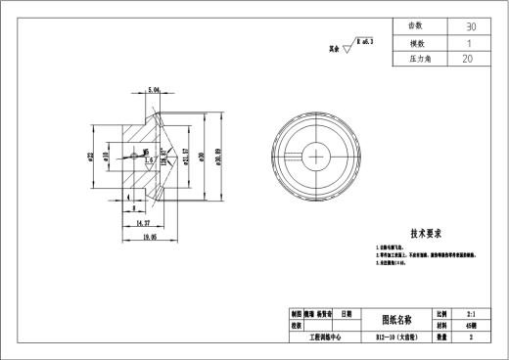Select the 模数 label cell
(x=416, y=43)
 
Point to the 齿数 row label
(x=416, y=26)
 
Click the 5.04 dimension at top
(x=154, y=90)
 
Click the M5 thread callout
(x=146, y=153)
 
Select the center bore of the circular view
(x=317, y=155)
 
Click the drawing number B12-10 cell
(x=401, y=336)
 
